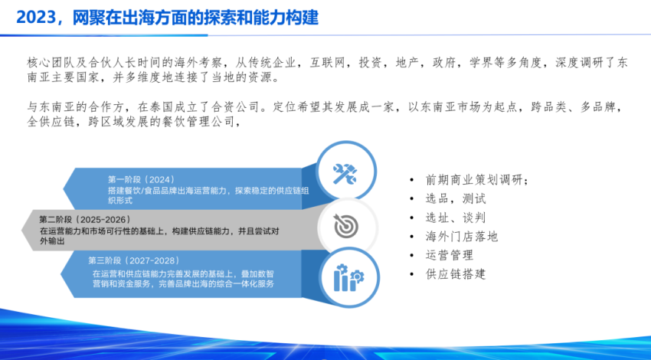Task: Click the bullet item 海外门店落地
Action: point(462,237)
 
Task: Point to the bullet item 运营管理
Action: point(450,255)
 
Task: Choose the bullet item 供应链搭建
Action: point(456,273)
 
